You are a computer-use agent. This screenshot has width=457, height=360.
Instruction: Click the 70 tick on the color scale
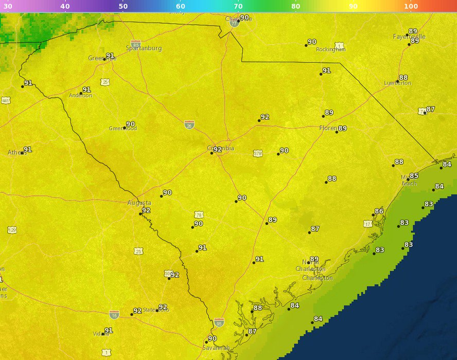click(238, 6)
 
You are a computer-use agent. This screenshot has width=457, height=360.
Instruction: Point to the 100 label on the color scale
click(411, 6)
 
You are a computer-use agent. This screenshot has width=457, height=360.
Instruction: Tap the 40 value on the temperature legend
click(65, 6)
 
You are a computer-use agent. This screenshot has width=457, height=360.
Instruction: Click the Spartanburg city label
click(144, 48)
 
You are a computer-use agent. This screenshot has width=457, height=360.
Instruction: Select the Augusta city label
click(139, 203)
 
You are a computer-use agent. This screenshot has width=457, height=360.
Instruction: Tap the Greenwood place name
click(122, 129)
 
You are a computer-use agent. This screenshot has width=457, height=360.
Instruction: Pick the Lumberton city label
click(397, 83)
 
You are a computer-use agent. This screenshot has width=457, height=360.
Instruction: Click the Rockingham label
click(330, 49)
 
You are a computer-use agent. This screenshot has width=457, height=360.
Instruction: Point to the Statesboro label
click(155, 310)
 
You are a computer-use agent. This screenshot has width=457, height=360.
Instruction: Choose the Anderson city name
click(80, 95)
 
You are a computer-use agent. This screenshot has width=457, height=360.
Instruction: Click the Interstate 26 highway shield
click(189, 124)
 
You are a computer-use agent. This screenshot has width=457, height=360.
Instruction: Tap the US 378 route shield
click(258, 153)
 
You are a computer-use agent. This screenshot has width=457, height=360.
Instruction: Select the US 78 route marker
click(199, 214)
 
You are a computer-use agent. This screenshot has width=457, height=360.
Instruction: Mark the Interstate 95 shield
click(219, 322)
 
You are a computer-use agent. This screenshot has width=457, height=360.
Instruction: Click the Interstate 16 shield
click(114, 314)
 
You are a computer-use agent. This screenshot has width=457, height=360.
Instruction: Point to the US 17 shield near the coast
click(367, 224)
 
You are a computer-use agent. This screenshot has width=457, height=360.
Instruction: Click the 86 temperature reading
click(379, 211)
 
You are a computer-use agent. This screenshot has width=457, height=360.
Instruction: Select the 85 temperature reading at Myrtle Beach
click(414, 176)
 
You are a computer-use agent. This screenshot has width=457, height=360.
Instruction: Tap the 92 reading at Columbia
click(217, 150)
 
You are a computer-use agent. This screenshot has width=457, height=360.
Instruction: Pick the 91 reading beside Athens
click(27, 150)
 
